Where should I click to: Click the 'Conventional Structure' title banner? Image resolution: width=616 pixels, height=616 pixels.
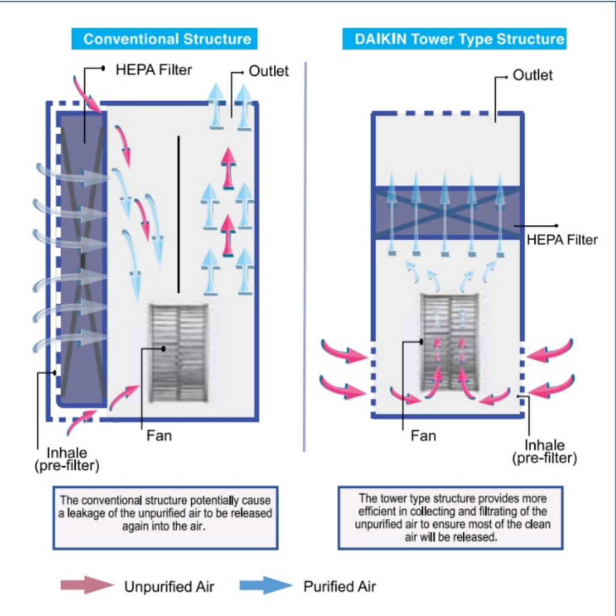(x=164, y=39)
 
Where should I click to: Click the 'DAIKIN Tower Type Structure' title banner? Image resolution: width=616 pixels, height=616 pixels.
(x=455, y=39)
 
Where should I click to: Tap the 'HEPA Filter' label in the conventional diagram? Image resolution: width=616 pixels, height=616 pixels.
(x=153, y=70)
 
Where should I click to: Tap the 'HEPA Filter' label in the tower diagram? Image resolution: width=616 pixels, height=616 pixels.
(x=562, y=239)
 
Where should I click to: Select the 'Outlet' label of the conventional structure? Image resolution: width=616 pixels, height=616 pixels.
(x=269, y=71)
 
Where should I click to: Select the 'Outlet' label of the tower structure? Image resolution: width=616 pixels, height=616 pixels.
(x=532, y=75)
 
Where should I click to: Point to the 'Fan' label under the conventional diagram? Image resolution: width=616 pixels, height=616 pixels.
(x=159, y=436)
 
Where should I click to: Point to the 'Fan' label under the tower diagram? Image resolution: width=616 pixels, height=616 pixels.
(x=423, y=436)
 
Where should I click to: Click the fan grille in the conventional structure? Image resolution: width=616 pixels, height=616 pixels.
(x=179, y=353)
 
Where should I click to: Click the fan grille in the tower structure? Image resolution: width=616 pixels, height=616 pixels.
(x=450, y=342)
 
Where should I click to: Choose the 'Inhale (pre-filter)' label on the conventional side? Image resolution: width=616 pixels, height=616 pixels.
(x=67, y=459)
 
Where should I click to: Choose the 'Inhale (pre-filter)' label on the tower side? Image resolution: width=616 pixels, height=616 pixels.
(x=544, y=452)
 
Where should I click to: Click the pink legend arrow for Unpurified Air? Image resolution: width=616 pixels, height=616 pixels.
(x=87, y=585)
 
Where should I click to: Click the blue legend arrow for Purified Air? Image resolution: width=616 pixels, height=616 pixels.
(x=266, y=585)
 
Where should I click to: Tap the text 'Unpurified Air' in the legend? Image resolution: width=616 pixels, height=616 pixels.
(x=169, y=587)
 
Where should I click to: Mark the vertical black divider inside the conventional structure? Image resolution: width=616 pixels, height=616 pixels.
(x=179, y=215)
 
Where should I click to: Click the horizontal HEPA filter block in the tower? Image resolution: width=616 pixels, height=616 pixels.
(x=448, y=212)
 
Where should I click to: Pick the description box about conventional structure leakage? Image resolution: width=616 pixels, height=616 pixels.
(x=165, y=518)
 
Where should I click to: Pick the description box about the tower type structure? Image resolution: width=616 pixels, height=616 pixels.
(x=451, y=518)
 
